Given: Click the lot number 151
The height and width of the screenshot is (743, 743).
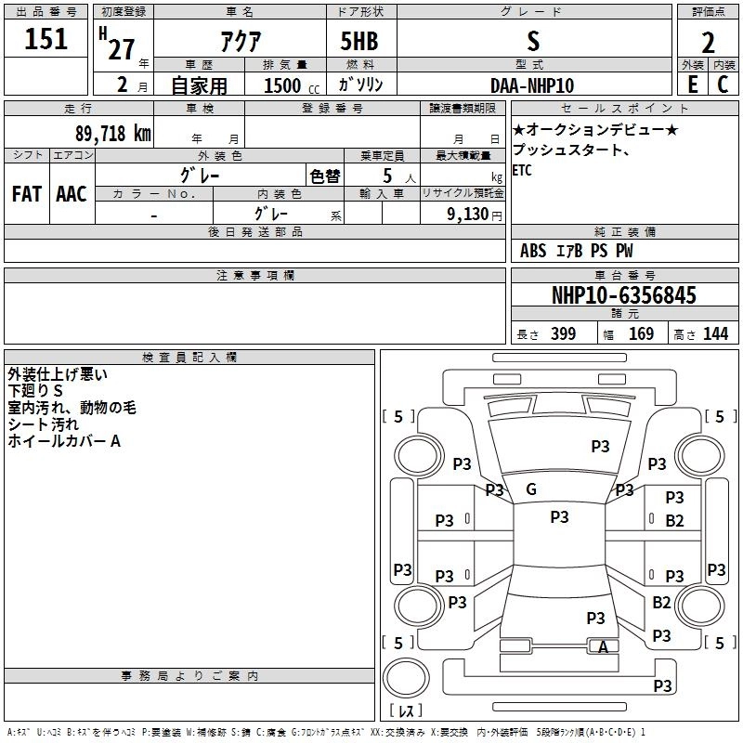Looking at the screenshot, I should coord(46,40).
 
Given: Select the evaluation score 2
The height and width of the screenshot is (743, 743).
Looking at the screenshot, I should coord(708,43).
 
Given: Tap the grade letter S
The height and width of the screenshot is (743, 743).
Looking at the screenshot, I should coord(532,41).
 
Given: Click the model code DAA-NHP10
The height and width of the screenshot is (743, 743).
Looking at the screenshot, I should coord(532,85).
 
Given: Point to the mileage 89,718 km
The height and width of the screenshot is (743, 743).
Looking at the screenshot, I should coord(111,133).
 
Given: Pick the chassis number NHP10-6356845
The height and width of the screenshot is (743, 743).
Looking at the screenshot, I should coord(623,296).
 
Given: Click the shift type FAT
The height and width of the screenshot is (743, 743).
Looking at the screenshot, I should coord(26,194).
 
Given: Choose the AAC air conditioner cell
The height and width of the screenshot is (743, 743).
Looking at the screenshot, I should coord(71,194).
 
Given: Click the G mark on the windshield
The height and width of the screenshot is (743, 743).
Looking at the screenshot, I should coord(531,489).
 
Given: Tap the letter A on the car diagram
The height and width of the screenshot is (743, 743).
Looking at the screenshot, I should coord(604,648).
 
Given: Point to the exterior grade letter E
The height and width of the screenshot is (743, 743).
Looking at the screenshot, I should coord(691,85).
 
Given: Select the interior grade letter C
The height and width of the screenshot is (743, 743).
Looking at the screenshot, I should coord(723,85).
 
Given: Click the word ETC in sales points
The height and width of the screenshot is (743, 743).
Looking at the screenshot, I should coord(523,170).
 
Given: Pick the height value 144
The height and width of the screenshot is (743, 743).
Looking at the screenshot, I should coord(715,334).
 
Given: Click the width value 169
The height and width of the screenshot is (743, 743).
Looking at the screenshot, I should coord(641,334).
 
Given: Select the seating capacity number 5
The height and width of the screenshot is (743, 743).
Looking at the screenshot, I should coord(386,176).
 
